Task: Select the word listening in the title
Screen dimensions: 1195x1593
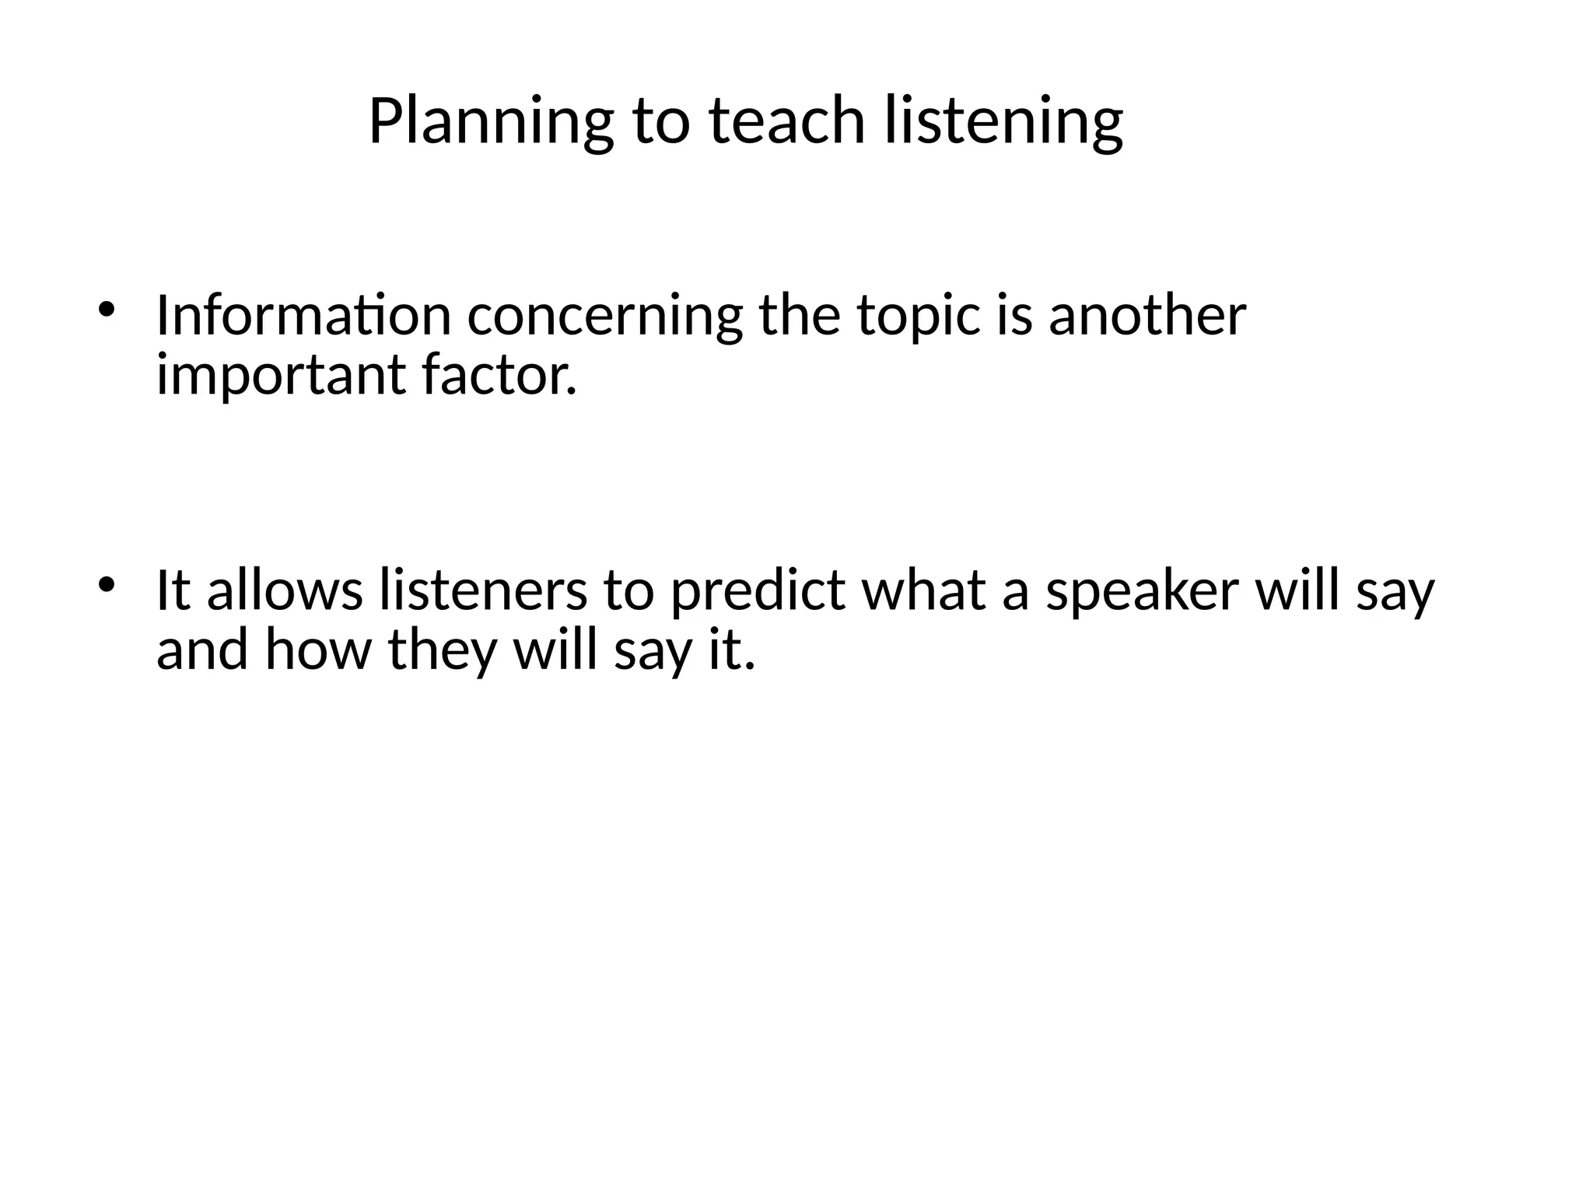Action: pos(1003,122)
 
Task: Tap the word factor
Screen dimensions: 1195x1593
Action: pos(499,375)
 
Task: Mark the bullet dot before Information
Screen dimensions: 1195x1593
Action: pos(107,310)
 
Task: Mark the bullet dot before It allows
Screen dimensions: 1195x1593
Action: pos(107,583)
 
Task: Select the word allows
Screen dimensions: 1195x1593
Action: pos(285,589)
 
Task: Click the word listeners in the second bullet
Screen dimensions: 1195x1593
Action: pos(483,589)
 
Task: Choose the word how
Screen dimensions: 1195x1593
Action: pos(318,650)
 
